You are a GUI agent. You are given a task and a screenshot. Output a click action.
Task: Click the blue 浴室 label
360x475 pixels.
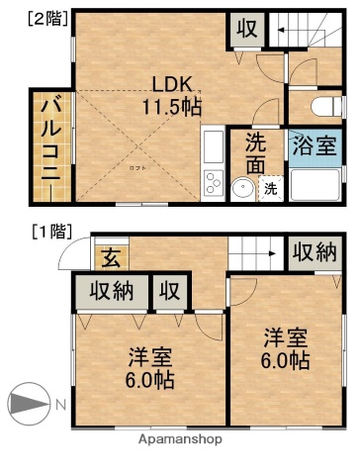pos(316,148)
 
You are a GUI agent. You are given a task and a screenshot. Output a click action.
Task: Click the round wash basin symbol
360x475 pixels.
pos(240,188)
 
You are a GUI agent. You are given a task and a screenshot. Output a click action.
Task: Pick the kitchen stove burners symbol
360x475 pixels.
pos(213,183)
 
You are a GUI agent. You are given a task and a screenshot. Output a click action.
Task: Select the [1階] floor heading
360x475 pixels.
pos(51,232)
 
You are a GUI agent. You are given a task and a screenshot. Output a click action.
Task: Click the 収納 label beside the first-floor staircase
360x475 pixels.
pos(314,252)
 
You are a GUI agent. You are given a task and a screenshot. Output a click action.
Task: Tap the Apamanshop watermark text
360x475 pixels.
pos(180,438)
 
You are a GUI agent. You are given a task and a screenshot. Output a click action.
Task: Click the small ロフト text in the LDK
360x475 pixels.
pos(134,169)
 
